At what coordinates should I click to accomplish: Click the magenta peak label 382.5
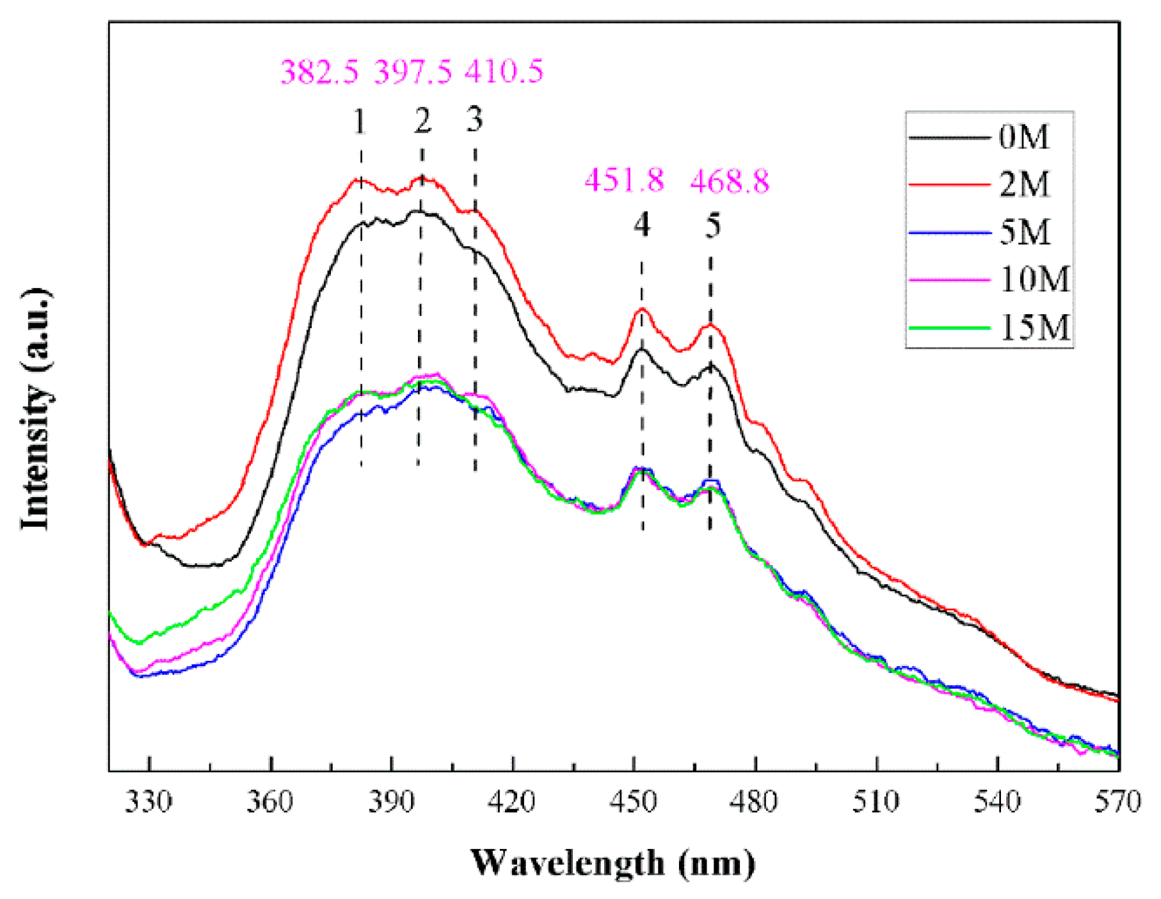[319, 71]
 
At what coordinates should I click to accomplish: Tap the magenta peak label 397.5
[413, 71]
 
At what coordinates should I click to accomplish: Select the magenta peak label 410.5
[504, 70]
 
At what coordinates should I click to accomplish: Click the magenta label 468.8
[730, 181]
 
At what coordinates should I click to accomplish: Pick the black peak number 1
[360, 121]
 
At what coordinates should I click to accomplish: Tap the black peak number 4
[642, 225]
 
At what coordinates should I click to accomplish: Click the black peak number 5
[713, 225]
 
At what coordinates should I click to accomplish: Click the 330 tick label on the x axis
[148, 801]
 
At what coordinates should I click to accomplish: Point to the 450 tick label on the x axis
[633, 801]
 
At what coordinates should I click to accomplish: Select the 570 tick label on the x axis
[1117, 801]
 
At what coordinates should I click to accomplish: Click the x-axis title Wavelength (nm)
[613, 863]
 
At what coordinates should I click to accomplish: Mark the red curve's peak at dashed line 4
[642, 310]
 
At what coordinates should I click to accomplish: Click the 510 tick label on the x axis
[876, 801]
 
